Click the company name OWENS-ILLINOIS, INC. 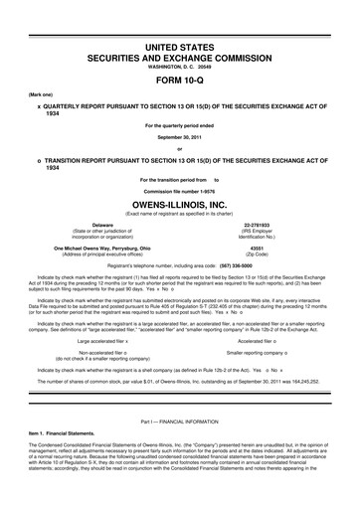tap(179, 207)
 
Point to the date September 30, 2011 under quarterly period tap(179, 140)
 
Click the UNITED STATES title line tap(179, 21)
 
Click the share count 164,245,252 tap(321, 380)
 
